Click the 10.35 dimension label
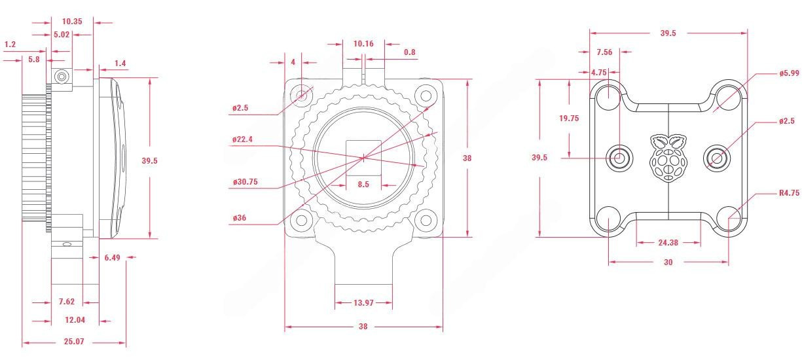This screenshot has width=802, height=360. (x=72, y=22)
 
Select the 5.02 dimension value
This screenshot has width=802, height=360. (x=62, y=35)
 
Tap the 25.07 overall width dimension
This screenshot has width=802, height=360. (x=74, y=342)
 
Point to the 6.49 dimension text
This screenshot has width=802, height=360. (x=112, y=258)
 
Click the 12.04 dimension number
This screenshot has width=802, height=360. (x=75, y=320)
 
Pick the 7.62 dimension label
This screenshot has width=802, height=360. (x=67, y=302)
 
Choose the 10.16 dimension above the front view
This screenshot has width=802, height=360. (x=363, y=44)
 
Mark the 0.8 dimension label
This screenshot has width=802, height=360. (x=410, y=52)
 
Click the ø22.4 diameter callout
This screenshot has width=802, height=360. (x=242, y=139)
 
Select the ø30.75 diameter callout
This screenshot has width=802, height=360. (x=246, y=182)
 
